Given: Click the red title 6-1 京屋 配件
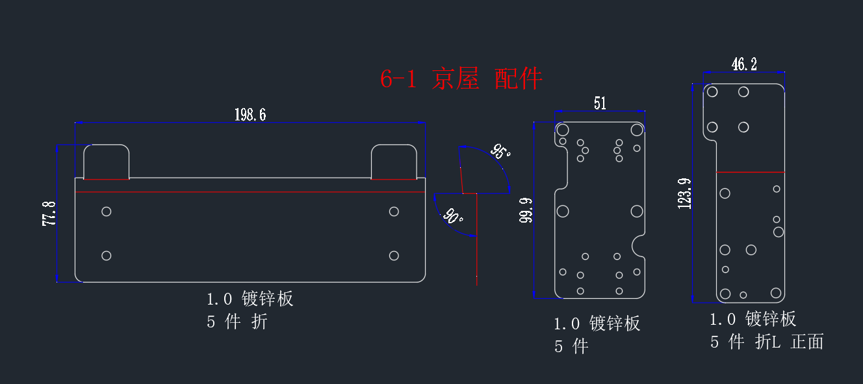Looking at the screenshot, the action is click(x=461, y=79).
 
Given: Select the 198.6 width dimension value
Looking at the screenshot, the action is click(x=250, y=115).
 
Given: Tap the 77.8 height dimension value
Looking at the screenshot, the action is click(x=49, y=213).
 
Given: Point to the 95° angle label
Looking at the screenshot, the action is click(x=500, y=152).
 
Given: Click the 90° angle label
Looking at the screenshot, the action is click(x=453, y=215).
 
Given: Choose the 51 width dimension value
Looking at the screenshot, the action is click(x=600, y=103).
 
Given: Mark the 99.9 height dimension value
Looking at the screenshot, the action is click(x=526, y=210).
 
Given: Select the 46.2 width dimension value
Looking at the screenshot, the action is click(x=744, y=64).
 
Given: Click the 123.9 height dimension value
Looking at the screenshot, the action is click(x=685, y=194).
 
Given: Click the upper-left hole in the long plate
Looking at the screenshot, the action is click(x=107, y=212).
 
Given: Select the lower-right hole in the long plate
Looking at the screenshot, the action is click(x=394, y=256).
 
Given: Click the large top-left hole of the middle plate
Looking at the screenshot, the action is click(x=563, y=130).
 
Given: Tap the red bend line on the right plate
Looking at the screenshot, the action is click(x=751, y=172).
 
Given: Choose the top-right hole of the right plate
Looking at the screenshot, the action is click(x=743, y=92).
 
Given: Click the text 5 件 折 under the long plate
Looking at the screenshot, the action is click(x=237, y=321).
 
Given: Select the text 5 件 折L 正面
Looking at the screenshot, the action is click(x=767, y=342).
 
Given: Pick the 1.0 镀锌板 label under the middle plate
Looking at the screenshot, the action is click(x=597, y=323).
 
